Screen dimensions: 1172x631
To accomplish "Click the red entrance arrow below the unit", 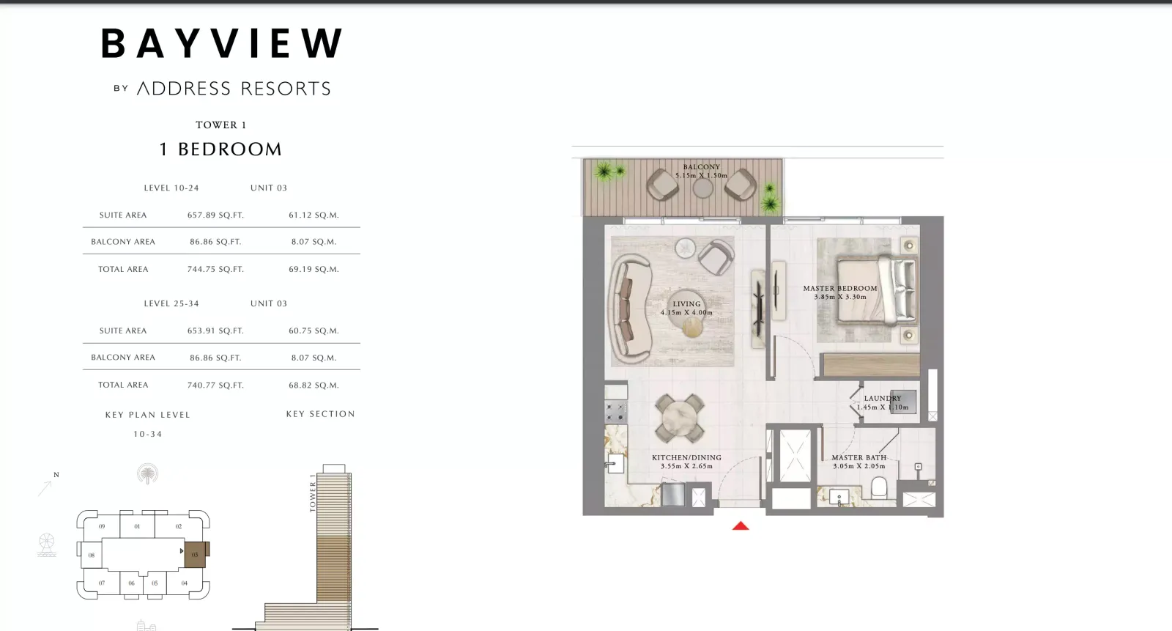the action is pyautogui.click(x=741, y=525).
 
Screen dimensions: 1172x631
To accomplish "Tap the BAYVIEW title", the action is pyautogui.click(x=222, y=43).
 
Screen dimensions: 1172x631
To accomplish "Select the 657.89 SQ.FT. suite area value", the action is pyautogui.click(x=215, y=215).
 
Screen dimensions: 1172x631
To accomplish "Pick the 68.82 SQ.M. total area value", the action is pyautogui.click(x=314, y=385).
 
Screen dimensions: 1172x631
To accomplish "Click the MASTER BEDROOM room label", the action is pyautogui.click(x=839, y=288).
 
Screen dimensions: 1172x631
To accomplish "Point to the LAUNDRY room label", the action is pyautogui.click(x=883, y=399).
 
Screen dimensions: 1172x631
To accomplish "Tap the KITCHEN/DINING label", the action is pyautogui.click(x=686, y=457).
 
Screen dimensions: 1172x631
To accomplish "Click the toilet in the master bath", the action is pyautogui.click(x=879, y=487).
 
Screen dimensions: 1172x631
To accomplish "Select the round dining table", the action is pyautogui.click(x=680, y=418).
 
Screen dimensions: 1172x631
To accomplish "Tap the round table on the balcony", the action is pyautogui.click(x=702, y=188).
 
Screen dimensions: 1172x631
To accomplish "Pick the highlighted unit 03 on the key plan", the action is pyautogui.click(x=195, y=555).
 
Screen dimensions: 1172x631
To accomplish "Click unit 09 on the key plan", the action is pyautogui.click(x=102, y=526).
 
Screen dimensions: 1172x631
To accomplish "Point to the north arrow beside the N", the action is pyautogui.click(x=45, y=489).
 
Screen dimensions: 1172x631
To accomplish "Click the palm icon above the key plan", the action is pyautogui.click(x=147, y=474).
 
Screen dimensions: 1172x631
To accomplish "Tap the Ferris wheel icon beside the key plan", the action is pyautogui.click(x=47, y=545).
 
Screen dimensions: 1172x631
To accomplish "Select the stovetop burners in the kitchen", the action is pyautogui.click(x=616, y=412).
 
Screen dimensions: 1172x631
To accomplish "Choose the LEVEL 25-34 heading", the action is pyautogui.click(x=171, y=303).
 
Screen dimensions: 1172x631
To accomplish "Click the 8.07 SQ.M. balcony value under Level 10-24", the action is pyautogui.click(x=314, y=242).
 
